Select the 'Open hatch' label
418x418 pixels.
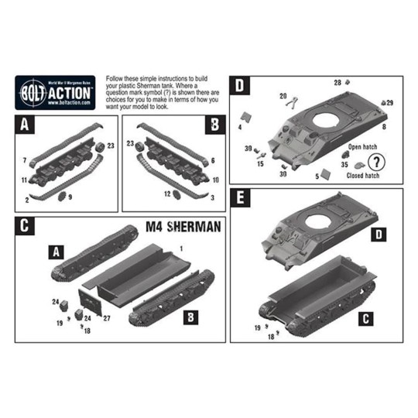tap(362, 146)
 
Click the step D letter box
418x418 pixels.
tap(240, 85)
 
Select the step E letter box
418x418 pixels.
tap(241, 198)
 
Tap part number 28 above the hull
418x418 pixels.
tap(337, 82)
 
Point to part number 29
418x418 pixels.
tap(389, 103)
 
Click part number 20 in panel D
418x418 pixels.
tap(283, 96)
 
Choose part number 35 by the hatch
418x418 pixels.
tap(344, 165)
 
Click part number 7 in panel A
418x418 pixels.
tap(25, 159)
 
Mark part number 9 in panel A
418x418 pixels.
tap(70, 197)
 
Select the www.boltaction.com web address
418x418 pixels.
tap(70, 101)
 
